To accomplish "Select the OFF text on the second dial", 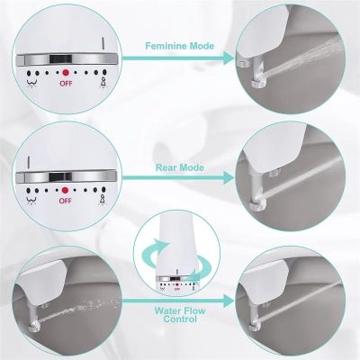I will (x=64, y=202).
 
